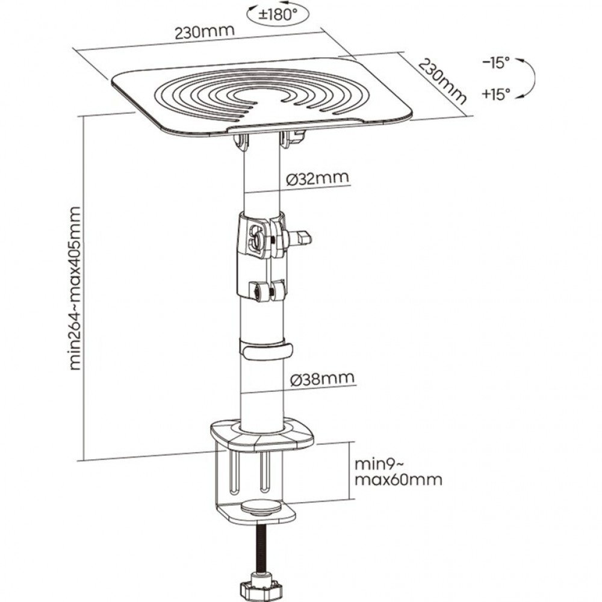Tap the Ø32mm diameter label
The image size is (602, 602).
318,178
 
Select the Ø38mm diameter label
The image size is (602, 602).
321,379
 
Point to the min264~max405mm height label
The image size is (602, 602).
75,288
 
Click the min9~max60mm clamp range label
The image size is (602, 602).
397,472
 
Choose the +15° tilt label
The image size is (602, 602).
495,93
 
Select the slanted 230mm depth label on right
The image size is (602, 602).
442,82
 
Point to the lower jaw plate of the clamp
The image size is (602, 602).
259,513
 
